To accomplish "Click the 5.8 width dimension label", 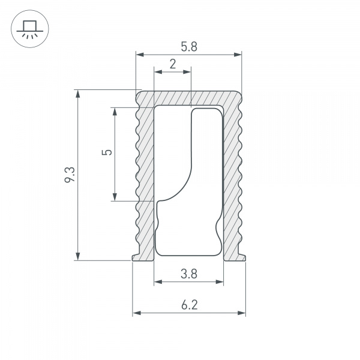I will [188, 46].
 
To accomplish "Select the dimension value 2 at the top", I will [173, 64].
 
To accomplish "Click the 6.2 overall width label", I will [188, 305].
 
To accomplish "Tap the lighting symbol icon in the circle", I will [28, 28].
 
